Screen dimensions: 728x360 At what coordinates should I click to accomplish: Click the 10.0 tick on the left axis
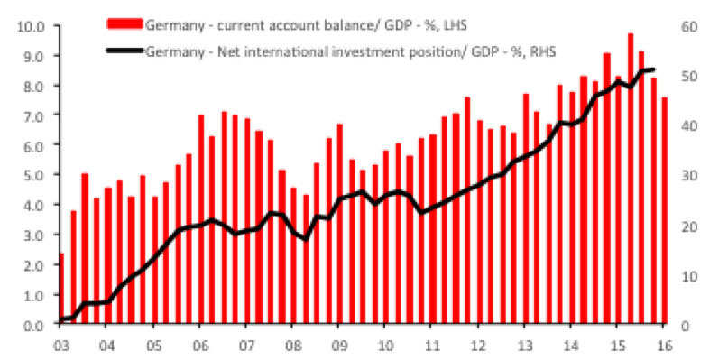(30, 26)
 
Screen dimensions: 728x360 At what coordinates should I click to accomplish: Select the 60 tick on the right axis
(690, 26)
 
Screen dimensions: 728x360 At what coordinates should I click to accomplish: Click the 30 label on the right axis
(690, 176)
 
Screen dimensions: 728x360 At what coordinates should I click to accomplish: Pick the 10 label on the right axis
(690, 276)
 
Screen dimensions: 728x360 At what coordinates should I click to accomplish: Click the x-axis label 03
(60, 346)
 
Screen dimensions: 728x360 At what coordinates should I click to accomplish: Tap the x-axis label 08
(291, 346)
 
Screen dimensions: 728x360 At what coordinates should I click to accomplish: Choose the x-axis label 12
(478, 346)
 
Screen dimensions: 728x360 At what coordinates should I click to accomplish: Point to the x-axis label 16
(664, 346)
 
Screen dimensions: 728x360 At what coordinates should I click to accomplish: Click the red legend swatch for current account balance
(124, 23)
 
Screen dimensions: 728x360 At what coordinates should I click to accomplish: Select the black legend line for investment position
(124, 51)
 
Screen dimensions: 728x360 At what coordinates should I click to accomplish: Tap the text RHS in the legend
(544, 51)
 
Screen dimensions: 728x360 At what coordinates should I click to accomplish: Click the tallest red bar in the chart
(631, 179)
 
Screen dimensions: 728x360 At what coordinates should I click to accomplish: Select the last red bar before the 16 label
(665, 210)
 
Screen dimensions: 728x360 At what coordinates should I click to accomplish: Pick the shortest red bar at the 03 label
(61, 289)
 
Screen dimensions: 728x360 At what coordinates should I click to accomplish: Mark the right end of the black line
(653, 69)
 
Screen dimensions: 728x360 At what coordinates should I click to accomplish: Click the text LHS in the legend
(455, 25)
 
